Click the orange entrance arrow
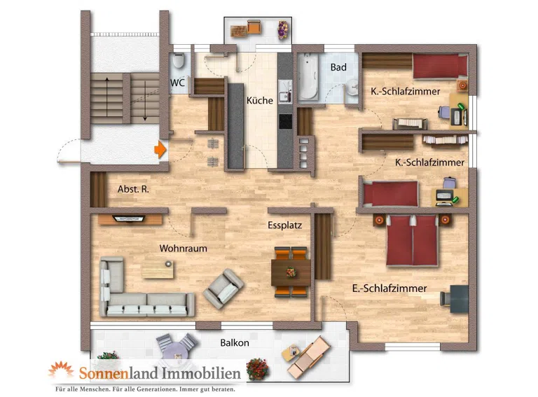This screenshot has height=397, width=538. [160, 149]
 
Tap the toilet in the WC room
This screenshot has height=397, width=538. [178, 61]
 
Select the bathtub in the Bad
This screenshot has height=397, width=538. [308, 77]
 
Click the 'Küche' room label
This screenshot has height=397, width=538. [260, 100]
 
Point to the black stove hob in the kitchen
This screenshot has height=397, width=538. [286, 121]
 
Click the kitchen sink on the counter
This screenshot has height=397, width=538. [285, 91]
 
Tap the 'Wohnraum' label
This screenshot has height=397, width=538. [184, 248]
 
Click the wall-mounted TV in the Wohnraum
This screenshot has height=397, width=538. [129, 218]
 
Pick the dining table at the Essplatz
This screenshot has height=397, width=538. [291, 272]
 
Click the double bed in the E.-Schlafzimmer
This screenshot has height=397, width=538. [412, 240]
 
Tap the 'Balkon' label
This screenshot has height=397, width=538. [235, 343]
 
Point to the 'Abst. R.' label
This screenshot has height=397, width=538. [134, 189]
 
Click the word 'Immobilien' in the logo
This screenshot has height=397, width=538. [201, 373]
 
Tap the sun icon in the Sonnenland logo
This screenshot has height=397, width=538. [61, 370]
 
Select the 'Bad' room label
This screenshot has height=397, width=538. [338, 67]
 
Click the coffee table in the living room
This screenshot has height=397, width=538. [158, 270]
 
